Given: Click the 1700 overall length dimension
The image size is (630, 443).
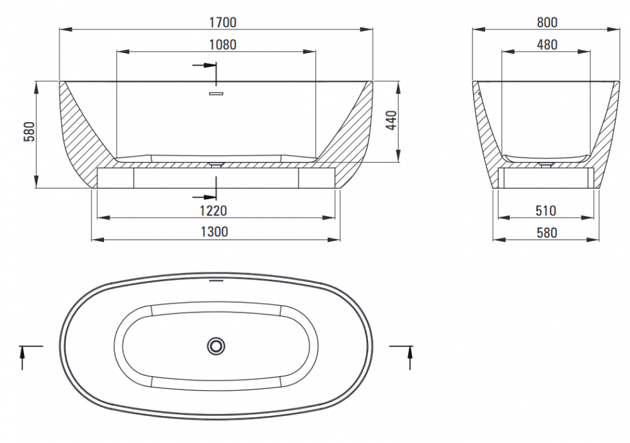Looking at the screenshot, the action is click(222, 22).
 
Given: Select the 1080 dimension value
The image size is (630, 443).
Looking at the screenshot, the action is click(222, 45).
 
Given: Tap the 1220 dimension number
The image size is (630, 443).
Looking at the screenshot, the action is click(214, 210).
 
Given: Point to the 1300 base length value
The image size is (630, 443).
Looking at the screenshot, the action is click(214, 232).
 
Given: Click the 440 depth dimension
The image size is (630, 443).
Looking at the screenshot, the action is click(391, 120).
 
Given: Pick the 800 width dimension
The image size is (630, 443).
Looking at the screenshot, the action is click(547, 22).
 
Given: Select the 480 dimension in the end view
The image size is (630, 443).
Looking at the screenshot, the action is click(547, 45).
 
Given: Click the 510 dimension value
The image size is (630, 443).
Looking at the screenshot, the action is click(546, 210).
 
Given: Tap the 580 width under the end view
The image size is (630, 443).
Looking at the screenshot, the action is click(547, 233).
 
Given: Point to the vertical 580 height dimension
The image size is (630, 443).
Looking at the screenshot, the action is click(30, 132).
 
